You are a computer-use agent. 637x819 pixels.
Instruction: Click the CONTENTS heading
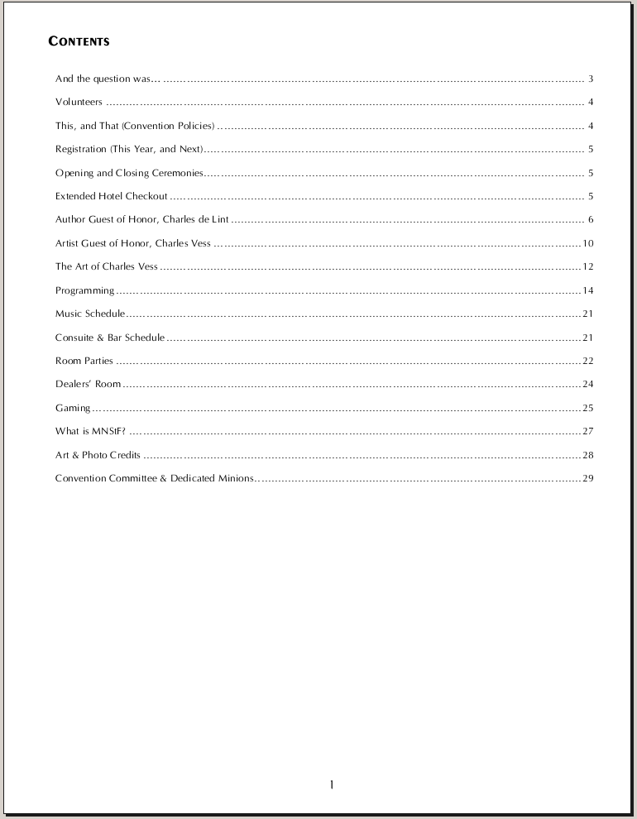pyautogui.click(x=79, y=41)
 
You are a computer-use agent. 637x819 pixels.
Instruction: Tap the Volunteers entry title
pyautogui.click(x=79, y=103)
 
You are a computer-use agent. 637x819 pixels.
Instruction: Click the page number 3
pyautogui.click(x=591, y=79)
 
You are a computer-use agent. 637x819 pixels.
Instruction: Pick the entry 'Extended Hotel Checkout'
pyautogui.click(x=111, y=197)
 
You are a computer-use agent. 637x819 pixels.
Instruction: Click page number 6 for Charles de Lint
pyautogui.click(x=591, y=220)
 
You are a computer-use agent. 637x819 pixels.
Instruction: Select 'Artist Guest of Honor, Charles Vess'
pyautogui.click(x=132, y=243)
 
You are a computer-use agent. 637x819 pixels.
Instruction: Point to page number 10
pyautogui.click(x=588, y=243)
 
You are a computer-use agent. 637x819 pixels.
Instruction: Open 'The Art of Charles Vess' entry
pyautogui.click(x=106, y=267)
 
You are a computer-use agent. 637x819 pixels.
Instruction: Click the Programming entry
pyautogui.click(x=84, y=290)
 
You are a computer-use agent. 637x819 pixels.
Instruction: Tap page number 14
pyautogui.click(x=588, y=290)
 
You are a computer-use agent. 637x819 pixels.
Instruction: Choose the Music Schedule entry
pyautogui.click(x=89, y=314)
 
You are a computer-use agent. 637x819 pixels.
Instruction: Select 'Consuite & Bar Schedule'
pyautogui.click(x=109, y=338)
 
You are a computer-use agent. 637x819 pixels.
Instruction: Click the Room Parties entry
pyautogui.click(x=84, y=361)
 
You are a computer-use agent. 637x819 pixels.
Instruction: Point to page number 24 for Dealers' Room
pyautogui.click(x=588, y=384)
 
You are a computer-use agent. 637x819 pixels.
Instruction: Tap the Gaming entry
pyautogui.click(x=73, y=408)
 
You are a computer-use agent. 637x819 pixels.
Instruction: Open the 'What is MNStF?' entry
pyautogui.click(x=90, y=431)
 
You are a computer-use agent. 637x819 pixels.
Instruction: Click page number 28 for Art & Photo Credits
pyautogui.click(x=588, y=455)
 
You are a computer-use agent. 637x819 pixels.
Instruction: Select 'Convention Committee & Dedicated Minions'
pyautogui.click(x=154, y=478)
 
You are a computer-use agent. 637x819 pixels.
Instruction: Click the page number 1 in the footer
pyautogui.click(x=331, y=784)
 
